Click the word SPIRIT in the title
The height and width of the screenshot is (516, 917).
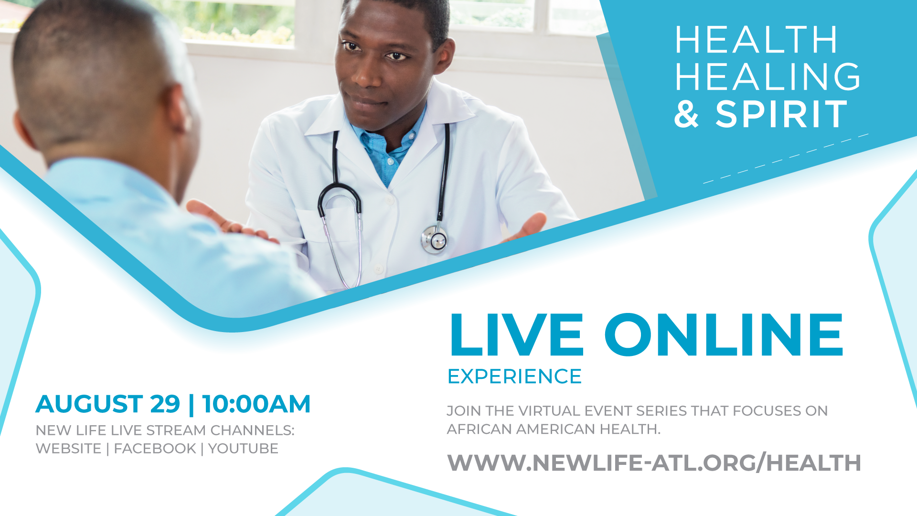point(781,114)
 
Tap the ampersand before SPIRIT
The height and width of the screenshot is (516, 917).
point(687,114)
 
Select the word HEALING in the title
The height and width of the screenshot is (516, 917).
point(768,76)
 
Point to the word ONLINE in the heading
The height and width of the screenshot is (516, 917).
point(724,335)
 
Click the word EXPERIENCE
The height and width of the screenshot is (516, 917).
point(514,376)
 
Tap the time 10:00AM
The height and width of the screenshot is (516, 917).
point(256,404)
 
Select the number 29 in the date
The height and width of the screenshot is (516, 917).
point(165,404)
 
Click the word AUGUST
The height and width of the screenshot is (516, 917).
point(89,404)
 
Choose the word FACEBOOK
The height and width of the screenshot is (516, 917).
point(155,449)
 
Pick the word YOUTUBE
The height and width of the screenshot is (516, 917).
point(243,449)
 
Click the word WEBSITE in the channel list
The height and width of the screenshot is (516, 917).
point(68,449)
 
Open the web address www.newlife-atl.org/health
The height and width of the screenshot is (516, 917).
point(654,462)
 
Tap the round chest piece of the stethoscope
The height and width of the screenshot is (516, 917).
point(435,239)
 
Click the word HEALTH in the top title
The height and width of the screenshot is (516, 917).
point(756,40)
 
